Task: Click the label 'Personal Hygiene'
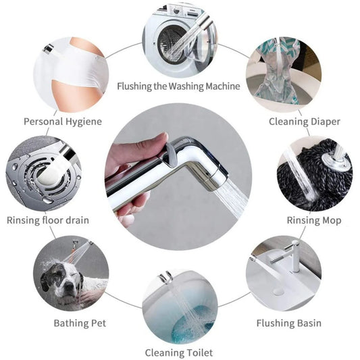click(x=63, y=122)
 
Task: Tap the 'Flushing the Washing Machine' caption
click(x=178, y=86)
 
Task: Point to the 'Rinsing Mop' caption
click(x=313, y=220)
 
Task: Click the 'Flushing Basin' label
click(x=288, y=323)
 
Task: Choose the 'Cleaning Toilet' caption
click(x=179, y=353)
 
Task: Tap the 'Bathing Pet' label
click(x=80, y=323)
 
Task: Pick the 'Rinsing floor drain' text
click(x=47, y=220)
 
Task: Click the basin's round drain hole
click(x=278, y=291)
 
